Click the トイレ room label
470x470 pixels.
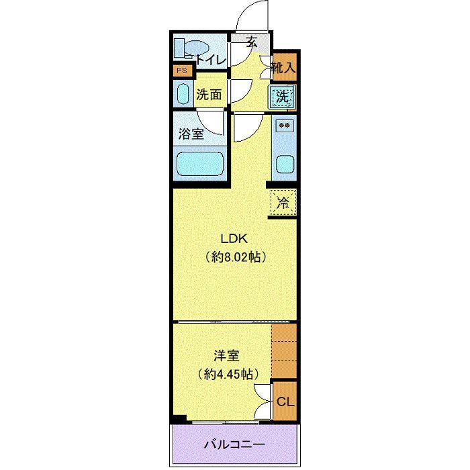[211, 59]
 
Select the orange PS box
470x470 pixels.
[181, 70]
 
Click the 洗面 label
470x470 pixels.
[209, 95]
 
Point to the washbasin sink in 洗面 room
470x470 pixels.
[183, 93]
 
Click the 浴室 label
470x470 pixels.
[191, 134]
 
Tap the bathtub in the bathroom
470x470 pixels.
[199, 163]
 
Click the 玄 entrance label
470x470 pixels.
[252, 42]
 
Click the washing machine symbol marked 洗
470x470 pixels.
[283, 97]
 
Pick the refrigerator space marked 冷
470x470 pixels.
[283, 202]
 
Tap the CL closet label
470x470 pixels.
[285, 402]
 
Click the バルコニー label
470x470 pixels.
[234, 444]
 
